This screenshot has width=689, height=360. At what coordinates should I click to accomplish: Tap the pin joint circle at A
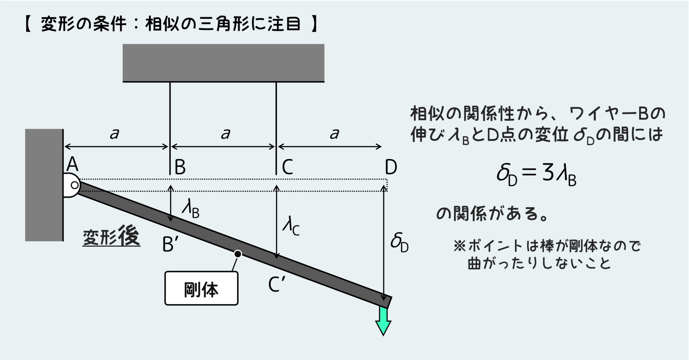(x=75, y=185)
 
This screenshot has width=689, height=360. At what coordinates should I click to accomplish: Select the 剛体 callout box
(x=201, y=289)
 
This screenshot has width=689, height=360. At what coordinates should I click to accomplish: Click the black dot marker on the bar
(x=238, y=254)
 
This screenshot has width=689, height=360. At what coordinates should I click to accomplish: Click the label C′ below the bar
(x=277, y=284)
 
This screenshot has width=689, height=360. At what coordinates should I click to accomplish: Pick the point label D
(x=391, y=167)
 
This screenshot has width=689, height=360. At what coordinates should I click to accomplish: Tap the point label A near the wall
(x=72, y=165)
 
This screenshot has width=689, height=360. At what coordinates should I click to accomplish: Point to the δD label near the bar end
(x=399, y=243)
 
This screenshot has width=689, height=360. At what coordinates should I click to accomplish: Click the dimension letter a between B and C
(x=225, y=134)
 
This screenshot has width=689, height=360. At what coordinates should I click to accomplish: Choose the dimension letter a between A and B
(x=114, y=134)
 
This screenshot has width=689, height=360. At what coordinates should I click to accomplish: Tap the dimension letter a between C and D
(x=334, y=134)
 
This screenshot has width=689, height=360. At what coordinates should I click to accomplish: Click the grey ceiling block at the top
(x=223, y=63)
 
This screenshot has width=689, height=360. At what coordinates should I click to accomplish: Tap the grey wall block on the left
(x=44, y=185)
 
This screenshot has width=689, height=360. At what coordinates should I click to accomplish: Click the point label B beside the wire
(x=180, y=167)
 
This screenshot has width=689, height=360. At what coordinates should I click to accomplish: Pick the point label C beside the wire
(x=287, y=167)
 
